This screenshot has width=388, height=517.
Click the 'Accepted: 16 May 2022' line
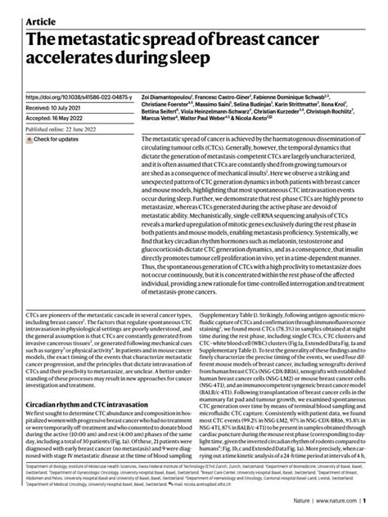coord(55,118)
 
